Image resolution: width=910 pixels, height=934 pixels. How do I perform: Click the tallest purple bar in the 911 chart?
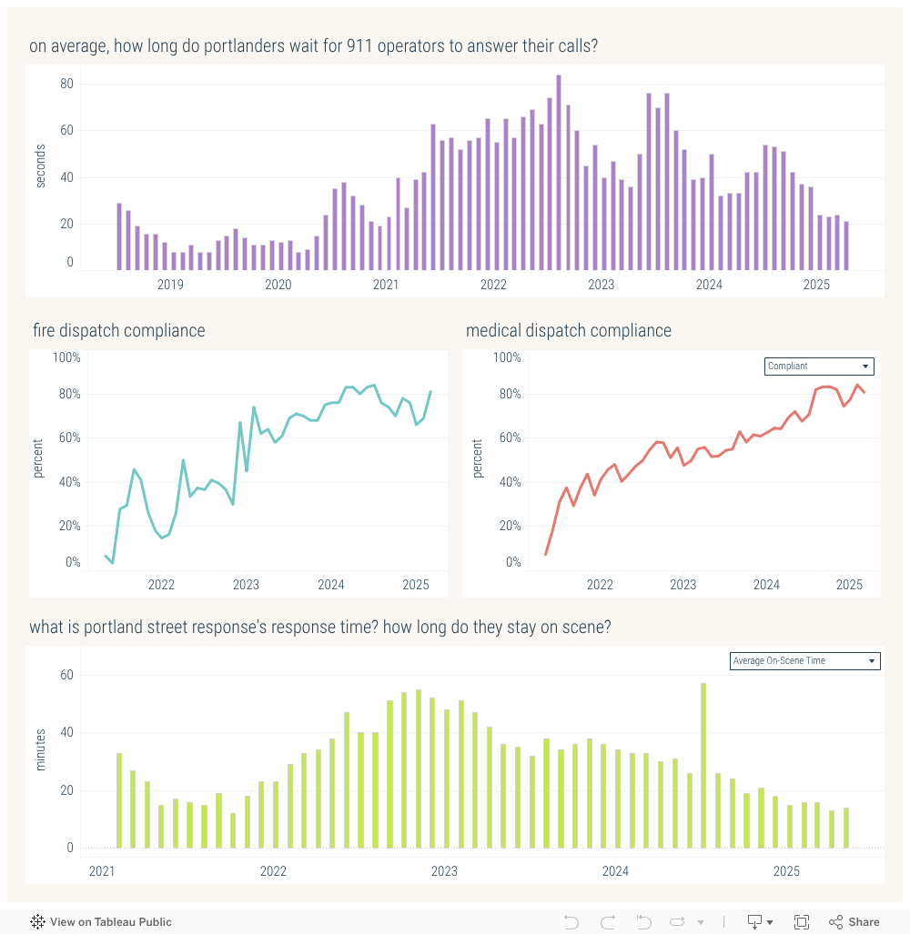click(x=559, y=173)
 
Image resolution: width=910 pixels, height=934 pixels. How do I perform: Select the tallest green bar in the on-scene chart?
click(x=703, y=765)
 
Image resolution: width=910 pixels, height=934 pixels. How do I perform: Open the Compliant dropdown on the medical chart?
click(x=819, y=367)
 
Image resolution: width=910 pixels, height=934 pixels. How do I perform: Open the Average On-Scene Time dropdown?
click(x=805, y=661)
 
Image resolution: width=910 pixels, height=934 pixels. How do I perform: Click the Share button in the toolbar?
click(x=854, y=922)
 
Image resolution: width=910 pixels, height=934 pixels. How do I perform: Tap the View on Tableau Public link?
click(x=101, y=922)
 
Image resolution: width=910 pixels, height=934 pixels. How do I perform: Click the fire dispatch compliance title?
click(x=118, y=331)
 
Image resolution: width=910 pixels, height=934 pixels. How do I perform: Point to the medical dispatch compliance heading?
click(x=568, y=331)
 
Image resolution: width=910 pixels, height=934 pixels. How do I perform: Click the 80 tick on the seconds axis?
click(x=66, y=85)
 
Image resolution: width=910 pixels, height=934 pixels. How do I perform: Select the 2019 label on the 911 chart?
click(x=170, y=285)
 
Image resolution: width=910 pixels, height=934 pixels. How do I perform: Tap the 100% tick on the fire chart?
click(x=66, y=357)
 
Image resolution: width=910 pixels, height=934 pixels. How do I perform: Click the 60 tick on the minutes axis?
click(x=66, y=675)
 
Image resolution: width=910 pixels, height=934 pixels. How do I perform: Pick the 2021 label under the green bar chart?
click(x=102, y=871)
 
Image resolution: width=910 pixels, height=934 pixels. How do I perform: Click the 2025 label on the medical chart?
click(x=849, y=585)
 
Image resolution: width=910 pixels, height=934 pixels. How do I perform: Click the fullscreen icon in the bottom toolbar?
click(x=802, y=922)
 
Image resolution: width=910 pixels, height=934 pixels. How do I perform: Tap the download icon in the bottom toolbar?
click(x=755, y=922)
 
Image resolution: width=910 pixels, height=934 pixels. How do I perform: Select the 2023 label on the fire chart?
click(x=246, y=585)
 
